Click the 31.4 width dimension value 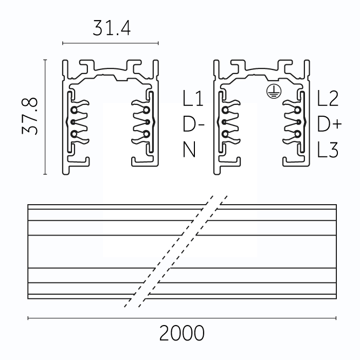pos(112,28)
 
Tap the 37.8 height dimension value pos(30,116)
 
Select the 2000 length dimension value pos(182,333)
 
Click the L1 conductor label pos(193,98)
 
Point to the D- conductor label pos(193,124)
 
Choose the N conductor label pos(189,150)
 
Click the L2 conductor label pos(328,98)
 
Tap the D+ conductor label pos(330,124)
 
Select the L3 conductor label pos(328,150)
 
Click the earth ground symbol pos(274,92)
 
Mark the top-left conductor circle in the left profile pos(74,111)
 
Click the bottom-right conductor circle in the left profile pos(146,134)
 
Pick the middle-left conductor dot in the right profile pos(224,122)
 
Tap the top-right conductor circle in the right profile pos(298,111)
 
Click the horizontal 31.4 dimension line pos(111,43)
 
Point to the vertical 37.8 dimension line pos(45,117)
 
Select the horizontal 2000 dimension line pos(182,318)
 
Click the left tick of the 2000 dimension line pos(28,318)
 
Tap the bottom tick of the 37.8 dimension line pos(45,174)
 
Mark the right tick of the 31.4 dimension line pos(158,43)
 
